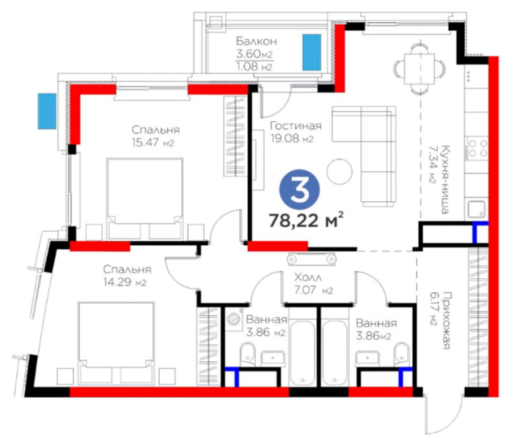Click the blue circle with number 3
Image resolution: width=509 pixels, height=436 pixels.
click(300, 189)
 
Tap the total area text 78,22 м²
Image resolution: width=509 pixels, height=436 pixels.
click(306, 220)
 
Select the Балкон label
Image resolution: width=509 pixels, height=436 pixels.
click(257, 41)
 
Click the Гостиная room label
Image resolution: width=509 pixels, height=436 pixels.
click(296, 126)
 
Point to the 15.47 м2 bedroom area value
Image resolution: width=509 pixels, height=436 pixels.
click(153, 142)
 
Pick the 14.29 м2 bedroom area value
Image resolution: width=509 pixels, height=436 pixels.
click(125, 282)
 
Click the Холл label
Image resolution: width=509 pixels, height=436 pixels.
click(308, 277)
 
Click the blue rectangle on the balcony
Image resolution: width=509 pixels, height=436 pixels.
click(312, 52)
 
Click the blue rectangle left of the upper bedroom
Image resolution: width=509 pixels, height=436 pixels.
click(47, 111)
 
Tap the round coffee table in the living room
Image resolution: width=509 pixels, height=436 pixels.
click(340, 171)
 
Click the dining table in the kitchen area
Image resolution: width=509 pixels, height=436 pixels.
click(419, 68)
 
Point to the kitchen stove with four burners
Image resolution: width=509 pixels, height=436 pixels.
click(477, 148)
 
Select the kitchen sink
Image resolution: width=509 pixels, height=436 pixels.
click(477, 209)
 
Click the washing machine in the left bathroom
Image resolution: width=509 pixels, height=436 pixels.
click(233, 319)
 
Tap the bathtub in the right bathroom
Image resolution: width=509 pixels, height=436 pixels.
click(334, 353)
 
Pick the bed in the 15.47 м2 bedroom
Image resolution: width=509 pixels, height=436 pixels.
click(144, 198)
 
